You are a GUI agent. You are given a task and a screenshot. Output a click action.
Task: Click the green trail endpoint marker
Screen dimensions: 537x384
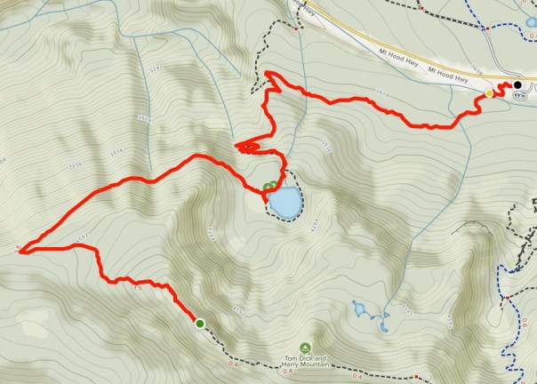point(199,324)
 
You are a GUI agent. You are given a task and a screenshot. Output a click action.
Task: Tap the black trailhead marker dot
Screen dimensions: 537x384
point(517,85)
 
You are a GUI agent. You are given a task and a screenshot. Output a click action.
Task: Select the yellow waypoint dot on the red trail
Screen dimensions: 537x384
point(489,92)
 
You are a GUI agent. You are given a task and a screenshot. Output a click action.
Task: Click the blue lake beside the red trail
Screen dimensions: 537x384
point(285,203)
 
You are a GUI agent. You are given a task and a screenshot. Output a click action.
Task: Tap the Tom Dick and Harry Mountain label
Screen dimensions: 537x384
point(307,361)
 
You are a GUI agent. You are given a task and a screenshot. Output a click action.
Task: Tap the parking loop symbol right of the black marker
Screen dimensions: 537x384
point(532,87)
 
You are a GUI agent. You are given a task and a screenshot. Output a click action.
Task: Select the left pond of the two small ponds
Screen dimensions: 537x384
point(359,309)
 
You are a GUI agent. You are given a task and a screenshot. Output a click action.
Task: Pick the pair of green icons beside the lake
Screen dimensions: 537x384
point(268,187)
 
